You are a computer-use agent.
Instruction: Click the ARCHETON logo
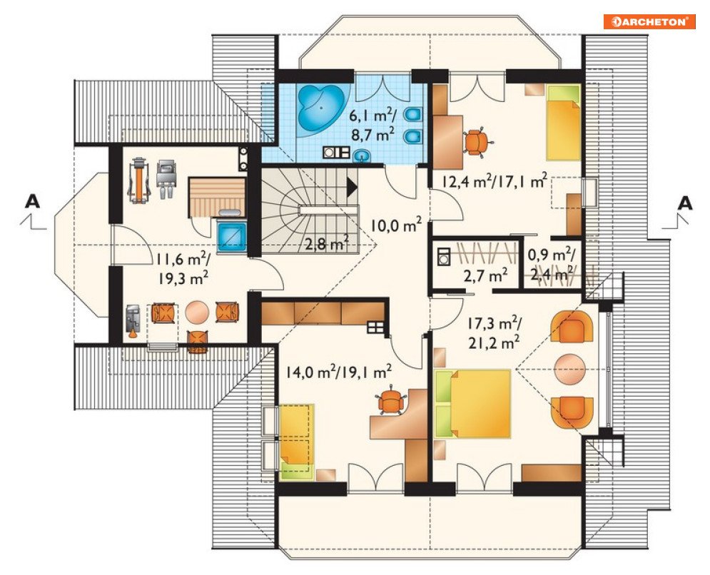tap(649, 21)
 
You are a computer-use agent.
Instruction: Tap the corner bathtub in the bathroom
tap(321, 108)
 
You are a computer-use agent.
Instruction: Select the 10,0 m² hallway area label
tap(396, 224)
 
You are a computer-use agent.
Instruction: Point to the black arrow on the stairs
tap(352, 187)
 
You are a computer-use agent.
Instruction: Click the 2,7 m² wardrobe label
tap(485, 275)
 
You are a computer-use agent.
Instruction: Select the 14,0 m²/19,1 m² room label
tap(339, 372)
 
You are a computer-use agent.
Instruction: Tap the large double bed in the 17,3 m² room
tap(472, 403)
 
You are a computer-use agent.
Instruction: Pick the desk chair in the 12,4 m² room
tap(477, 142)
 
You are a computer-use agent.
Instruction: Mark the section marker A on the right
tap(685, 203)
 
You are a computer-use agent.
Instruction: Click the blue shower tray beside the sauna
tap(232, 237)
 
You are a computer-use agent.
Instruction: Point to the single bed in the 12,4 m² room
tap(564, 123)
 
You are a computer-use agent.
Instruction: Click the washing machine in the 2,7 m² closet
tap(444, 256)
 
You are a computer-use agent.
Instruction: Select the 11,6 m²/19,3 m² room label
tap(183, 268)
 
